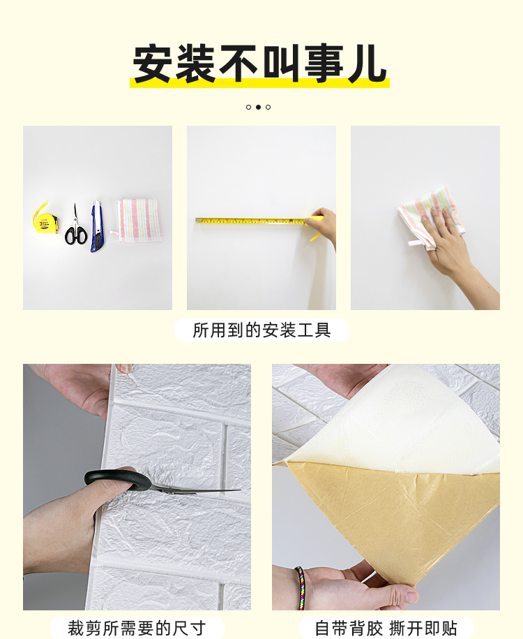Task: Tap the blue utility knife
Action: point(96,226)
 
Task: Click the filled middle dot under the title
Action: point(258,107)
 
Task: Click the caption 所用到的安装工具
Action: point(261,330)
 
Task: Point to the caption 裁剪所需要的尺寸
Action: point(137,628)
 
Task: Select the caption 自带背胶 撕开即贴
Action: point(386,628)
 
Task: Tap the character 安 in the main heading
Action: point(153,63)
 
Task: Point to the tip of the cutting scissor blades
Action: point(241,490)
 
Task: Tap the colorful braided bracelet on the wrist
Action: point(301,587)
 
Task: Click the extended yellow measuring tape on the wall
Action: point(252,221)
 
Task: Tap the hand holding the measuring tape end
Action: point(324,225)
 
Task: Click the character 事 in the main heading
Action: point(324,63)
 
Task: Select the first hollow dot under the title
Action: point(249,107)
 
